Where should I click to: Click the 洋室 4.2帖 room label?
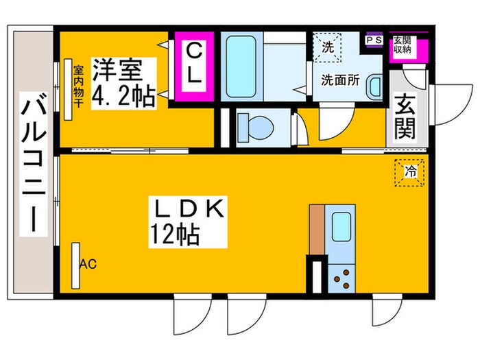pyautogui.click(x=124, y=83)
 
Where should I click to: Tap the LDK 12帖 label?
pyautogui.click(x=188, y=222)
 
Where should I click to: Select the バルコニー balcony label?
pyautogui.click(x=34, y=164)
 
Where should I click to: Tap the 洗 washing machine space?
pyautogui.click(x=327, y=47)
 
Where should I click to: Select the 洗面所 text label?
pyautogui.click(x=340, y=80)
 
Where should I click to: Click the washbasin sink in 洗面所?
pyautogui.click(x=374, y=87)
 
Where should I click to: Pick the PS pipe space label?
pyautogui.click(x=374, y=40)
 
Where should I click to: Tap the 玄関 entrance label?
pyautogui.click(x=405, y=117)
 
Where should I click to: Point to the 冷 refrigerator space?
pyautogui.click(x=409, y=172)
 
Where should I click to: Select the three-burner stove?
pyautogui.click(x=341, y=278)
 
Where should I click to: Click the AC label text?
pyautogui.click(x=88, y=264)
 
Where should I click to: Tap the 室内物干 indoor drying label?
pyautogui.click(x=78, y=86)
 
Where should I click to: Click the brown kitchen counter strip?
pyautogui.click(x=317, y=230)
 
